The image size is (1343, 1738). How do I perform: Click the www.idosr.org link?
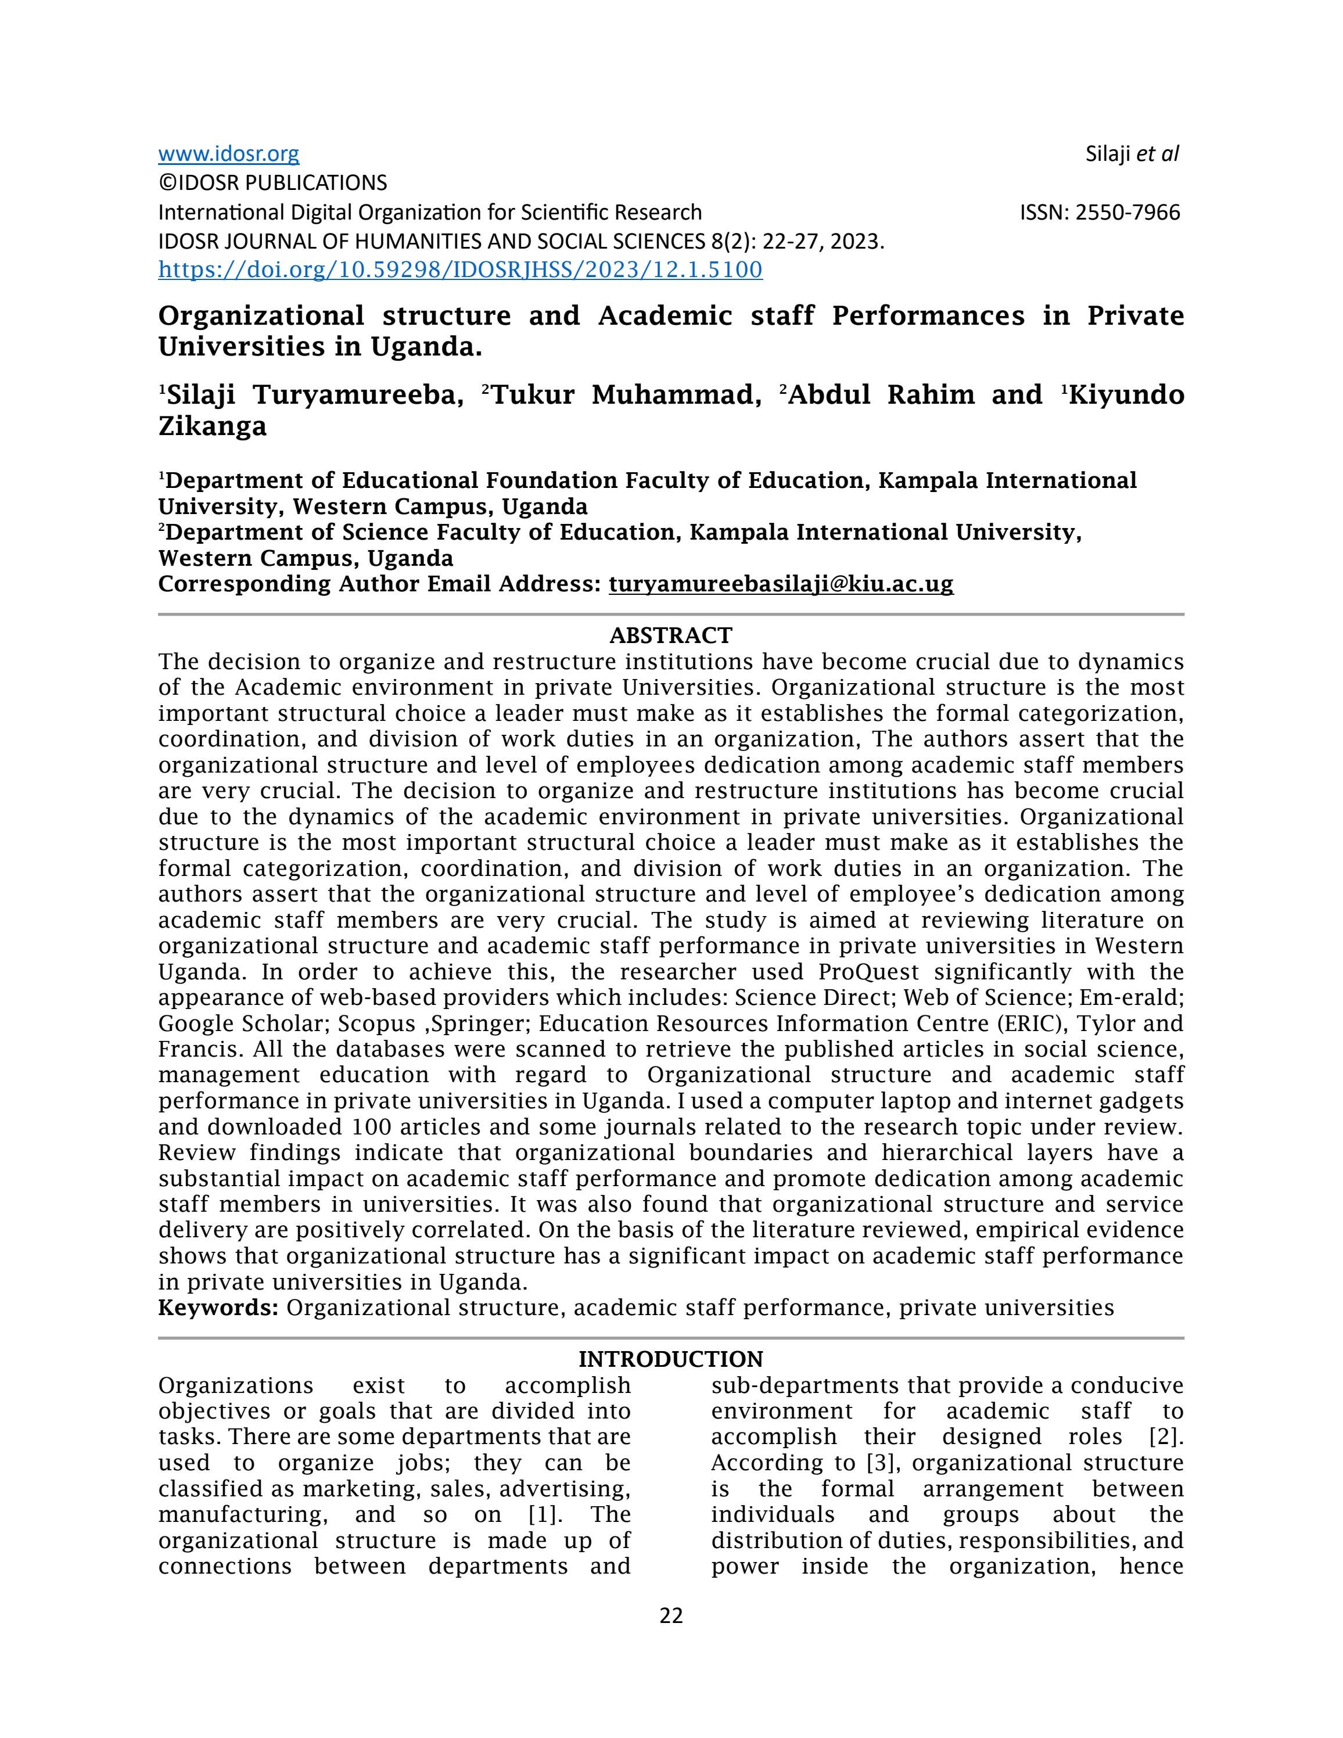coord(228,153)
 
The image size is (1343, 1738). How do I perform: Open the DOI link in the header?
coord(460,270)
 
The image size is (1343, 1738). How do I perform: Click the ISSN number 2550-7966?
coord(1127,213)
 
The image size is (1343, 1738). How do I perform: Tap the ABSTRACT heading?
coord(671,635)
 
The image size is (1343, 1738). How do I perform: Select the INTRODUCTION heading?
coord(671,1359)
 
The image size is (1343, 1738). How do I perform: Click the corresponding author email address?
coord(781,584)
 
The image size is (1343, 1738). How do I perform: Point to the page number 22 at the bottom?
coord(671,1615)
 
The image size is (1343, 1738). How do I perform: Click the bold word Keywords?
coord(218,1308)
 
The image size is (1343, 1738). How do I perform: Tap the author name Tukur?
coord(533,395)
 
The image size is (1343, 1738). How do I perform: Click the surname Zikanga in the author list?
coord(213,426)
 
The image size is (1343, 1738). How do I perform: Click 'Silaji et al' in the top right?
coord(1132,153)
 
